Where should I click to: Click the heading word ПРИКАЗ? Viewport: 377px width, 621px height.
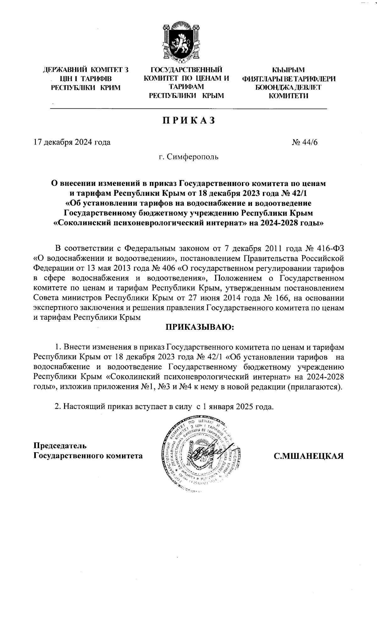click(x=188, y=121)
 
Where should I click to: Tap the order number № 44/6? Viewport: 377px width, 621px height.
click(x=305, y=142)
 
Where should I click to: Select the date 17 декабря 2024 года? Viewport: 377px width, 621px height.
click(x=72, y=142)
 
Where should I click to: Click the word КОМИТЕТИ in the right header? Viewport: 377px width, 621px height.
click(x=288, y=96)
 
